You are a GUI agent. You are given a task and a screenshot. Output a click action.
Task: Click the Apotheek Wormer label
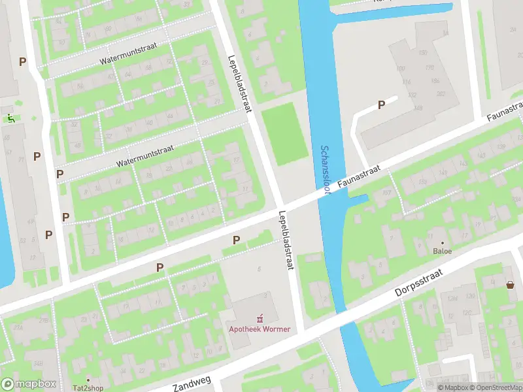[259, 329]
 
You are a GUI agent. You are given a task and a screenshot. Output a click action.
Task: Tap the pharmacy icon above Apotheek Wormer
[260, 318]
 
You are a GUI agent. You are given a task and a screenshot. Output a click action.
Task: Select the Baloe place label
[443, 250]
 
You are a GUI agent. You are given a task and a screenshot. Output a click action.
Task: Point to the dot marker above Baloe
[443, 242]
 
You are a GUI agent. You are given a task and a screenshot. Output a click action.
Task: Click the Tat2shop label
[88, 387]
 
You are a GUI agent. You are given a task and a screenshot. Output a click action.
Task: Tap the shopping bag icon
[510, 284]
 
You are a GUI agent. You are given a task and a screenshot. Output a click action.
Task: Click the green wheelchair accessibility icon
[11, 118]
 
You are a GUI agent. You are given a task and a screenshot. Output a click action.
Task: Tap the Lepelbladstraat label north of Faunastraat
[239, 82]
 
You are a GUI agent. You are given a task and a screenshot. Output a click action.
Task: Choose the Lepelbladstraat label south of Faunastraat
[286, 240]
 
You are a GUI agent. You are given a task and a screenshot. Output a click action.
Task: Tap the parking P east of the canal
[381, 105]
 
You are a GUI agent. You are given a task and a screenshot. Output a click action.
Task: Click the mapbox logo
[28, 384]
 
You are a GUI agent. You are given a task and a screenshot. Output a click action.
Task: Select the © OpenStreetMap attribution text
[495, 387]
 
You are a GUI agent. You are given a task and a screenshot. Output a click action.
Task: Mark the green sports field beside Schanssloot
[284, 136]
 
